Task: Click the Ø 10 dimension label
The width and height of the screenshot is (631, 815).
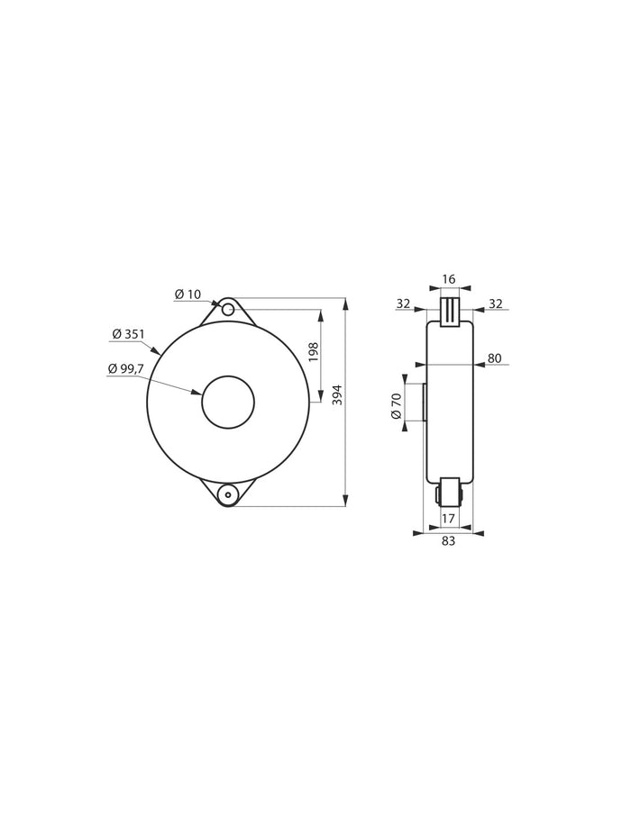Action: (x=190, y=294)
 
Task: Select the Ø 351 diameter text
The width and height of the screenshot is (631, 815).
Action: (x=128, y=334)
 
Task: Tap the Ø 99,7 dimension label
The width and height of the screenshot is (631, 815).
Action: (x=126, y=369)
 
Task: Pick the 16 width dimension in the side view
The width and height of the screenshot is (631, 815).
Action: (x=449, y=280)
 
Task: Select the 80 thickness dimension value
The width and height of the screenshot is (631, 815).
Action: (x=494, y=358)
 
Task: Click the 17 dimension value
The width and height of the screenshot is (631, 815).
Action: (x=448, y=518)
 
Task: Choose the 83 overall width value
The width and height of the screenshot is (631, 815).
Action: (x=448, y=541)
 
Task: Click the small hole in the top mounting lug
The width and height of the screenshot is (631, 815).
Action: (x=228, y=310)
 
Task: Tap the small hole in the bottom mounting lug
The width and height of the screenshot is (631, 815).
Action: (x=228, y=494)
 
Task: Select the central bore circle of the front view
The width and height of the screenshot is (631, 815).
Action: (x=228, y=402)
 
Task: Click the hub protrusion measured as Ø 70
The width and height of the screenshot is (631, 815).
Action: (x=421, y=403)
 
